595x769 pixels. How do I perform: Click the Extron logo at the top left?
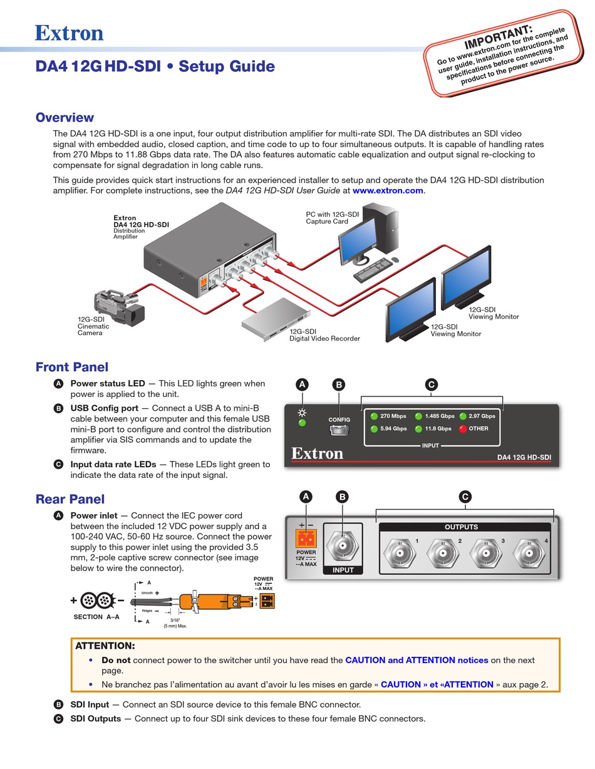coord(69,33)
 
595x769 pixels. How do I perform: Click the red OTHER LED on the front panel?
coord(463,429)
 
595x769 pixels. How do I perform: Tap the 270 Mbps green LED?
coord(375,416)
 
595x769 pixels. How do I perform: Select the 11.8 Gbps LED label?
coord(438,429)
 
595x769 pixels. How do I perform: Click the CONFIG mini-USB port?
coord(339,431)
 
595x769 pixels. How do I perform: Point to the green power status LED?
coord(303,423)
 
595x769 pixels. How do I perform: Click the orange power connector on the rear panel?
coord(306,539)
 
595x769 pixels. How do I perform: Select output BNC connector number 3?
coord(483,553)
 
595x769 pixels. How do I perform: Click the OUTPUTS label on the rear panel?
coord(461,527)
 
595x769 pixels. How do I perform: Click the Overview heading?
coord(65,118)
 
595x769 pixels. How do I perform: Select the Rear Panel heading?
coord(70,499)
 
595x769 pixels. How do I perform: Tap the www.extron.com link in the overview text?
coord(388,190)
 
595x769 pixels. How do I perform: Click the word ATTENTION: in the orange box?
coord(105,646)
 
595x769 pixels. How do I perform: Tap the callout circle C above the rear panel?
coord(465,497)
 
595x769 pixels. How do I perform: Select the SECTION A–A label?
coord(97,617)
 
